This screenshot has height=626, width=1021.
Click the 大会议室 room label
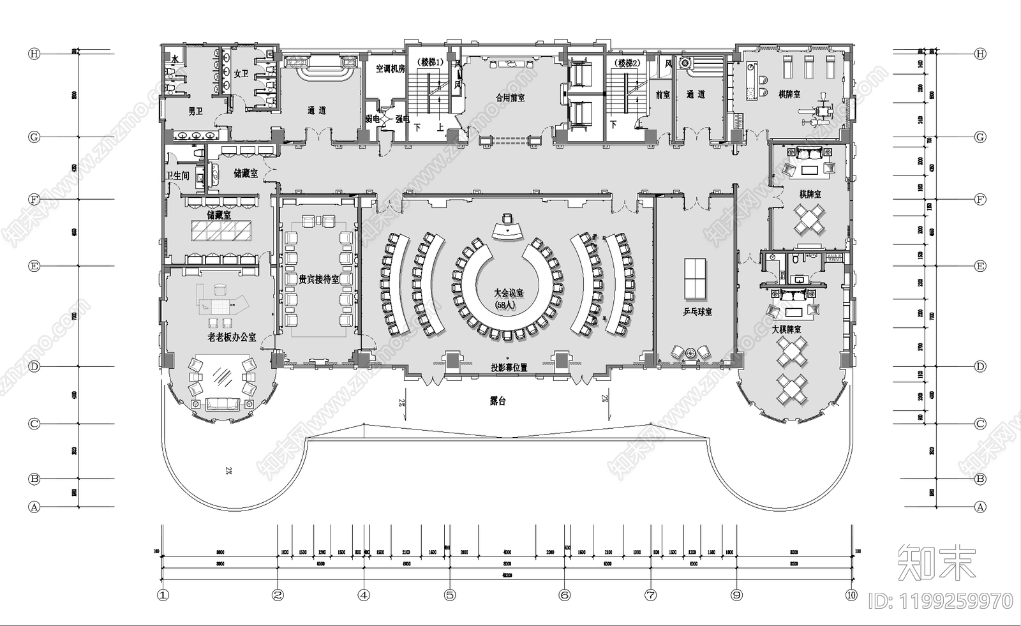508,293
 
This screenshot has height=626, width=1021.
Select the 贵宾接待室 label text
318,279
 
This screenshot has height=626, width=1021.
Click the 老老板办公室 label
232,336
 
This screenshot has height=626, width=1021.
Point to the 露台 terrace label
497,401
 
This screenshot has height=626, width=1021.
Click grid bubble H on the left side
34,54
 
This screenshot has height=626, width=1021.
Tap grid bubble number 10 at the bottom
851,595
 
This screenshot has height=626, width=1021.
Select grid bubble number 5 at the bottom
450,595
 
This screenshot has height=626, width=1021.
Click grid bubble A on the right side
980,507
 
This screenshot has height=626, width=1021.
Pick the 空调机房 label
390,68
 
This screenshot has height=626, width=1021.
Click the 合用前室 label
510,98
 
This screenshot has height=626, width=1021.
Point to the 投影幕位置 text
509,368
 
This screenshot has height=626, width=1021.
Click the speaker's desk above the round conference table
508,228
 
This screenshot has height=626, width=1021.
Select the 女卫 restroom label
241,73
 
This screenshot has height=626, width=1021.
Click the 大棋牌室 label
786,329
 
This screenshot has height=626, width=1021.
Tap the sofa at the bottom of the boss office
221,403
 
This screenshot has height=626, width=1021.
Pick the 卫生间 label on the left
177,175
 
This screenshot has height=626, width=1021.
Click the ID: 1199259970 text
941,601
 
